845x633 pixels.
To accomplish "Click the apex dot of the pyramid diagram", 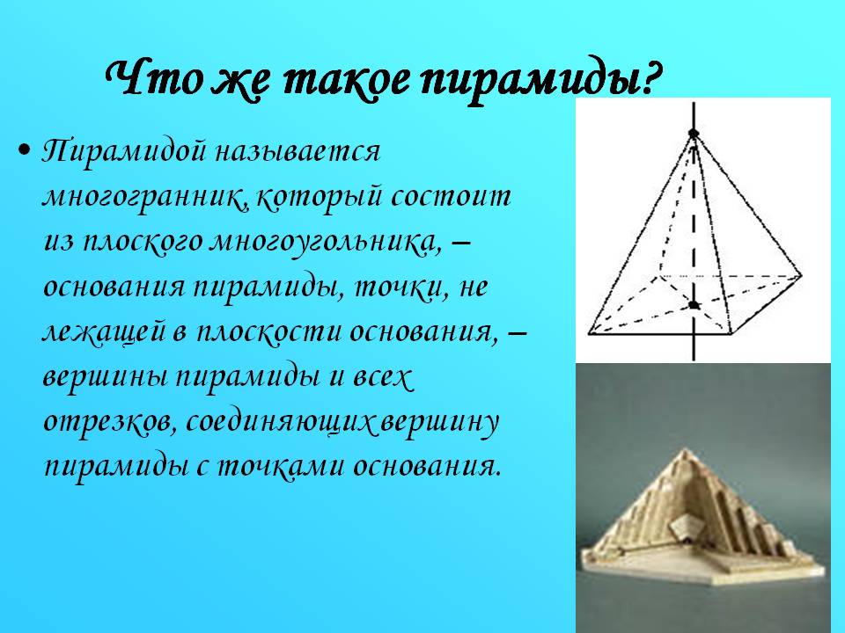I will tap(694, 134).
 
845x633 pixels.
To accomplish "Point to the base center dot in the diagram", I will tap(694, 305).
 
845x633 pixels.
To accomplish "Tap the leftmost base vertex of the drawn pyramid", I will tap(589, 335).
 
